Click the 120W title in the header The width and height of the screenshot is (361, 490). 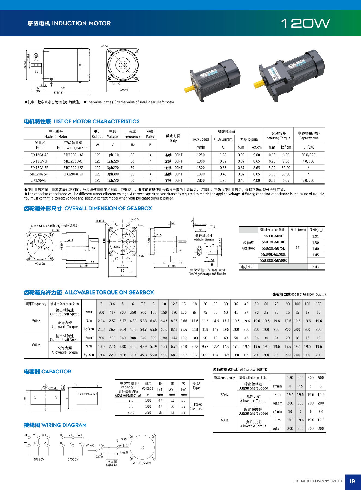point(305,23)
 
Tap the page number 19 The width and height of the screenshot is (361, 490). point(352,481)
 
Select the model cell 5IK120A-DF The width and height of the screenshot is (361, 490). point(39,180)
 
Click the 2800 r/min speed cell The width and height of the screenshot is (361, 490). point(201,180)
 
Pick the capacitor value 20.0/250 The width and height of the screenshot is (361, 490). point(308,155)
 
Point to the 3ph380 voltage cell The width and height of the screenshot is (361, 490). point(113,174)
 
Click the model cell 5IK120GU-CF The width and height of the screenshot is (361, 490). point(73,161)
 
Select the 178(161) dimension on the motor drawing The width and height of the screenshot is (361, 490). point(59,93)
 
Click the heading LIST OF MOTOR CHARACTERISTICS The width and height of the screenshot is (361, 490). point(96,121)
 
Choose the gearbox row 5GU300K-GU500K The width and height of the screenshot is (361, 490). point(273,260)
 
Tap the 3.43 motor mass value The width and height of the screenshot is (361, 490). point(315,267)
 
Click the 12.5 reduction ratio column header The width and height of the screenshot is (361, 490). point(174,304)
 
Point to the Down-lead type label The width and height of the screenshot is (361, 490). point(197,409)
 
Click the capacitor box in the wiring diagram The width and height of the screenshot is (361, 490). point(112,463)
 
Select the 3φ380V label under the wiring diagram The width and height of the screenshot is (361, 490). point(73,459)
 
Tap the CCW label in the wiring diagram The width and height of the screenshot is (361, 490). point(99,456)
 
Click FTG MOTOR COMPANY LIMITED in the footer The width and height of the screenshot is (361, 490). point(318,481)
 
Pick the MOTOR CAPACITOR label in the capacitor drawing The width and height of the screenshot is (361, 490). point(87,394)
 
